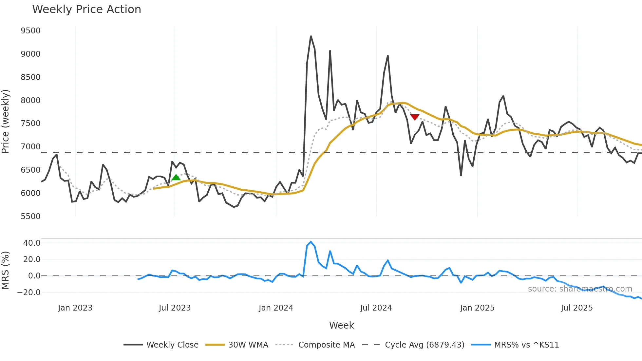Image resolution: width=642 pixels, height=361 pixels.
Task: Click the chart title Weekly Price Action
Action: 86,9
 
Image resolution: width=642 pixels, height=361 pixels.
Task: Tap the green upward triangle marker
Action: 176,178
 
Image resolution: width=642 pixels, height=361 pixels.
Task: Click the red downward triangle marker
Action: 415,117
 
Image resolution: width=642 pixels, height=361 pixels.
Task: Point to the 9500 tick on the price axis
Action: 30,31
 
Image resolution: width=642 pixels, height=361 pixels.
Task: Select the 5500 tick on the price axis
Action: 30,217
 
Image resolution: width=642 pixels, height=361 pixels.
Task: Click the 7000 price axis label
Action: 30,147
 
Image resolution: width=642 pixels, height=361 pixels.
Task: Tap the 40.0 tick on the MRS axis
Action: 32,243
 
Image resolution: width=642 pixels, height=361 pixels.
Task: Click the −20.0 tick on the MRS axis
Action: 29,293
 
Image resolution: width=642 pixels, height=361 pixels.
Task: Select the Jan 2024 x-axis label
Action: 276,308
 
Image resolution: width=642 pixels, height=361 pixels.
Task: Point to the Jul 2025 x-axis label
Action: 577,308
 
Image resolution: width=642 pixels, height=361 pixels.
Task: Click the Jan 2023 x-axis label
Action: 75,308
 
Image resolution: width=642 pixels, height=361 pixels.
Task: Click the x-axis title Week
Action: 341,325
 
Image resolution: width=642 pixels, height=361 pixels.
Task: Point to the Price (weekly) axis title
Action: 6,121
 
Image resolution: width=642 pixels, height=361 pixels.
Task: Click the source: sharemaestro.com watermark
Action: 580,289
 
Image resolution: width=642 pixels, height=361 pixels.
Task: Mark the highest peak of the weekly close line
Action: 311,36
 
